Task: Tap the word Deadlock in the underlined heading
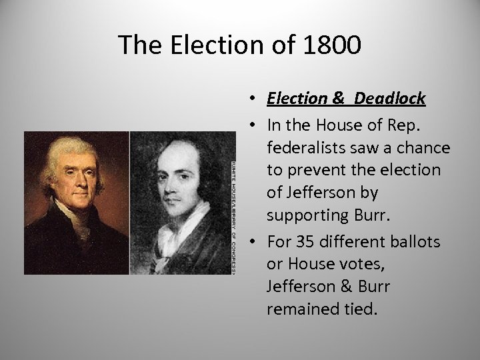click(x=390, y=99)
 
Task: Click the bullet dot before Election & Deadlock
click(x=255, y=99)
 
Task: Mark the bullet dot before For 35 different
click(x=255, y=241)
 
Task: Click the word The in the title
click(x=141, y=45)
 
